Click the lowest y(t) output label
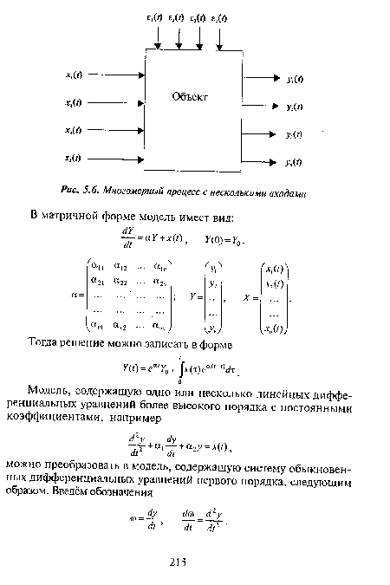point(294,162)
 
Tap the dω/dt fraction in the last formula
point(189,524)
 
